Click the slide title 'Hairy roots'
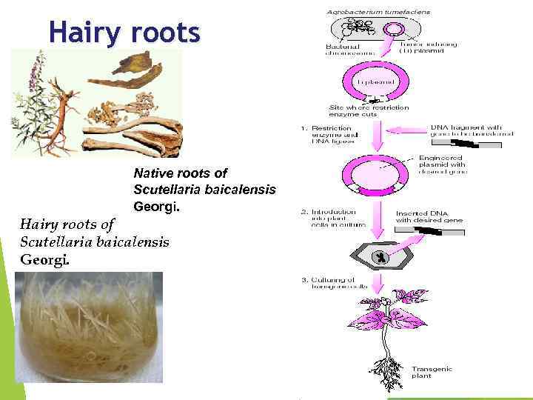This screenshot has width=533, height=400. pos(124,33)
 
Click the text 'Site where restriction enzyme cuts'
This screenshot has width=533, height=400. pos(363,112)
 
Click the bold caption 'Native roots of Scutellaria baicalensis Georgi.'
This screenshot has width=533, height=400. pos(204,189)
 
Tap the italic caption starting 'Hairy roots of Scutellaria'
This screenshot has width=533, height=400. pos(94,241)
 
